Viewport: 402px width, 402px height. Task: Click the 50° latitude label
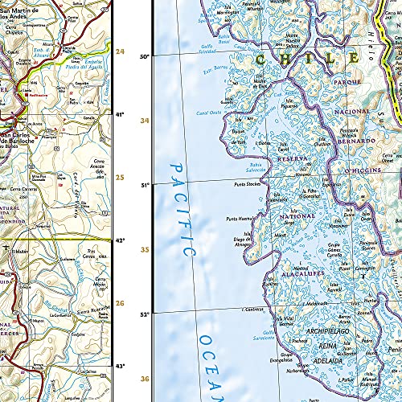pyautogui.click(x=146, y=56)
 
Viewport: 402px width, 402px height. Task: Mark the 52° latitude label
pyautogui.click(x=146, y=314)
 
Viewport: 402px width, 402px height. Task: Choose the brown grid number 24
pyautogui.click(x=121, y=51)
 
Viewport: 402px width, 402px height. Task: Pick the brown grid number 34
pyautogui.click(x=145, y=121)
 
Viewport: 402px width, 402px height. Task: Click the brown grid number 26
pyautogui.click(x=121, y=303)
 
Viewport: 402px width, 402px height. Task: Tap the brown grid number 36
pyautogui.click(x=145, y=379)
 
